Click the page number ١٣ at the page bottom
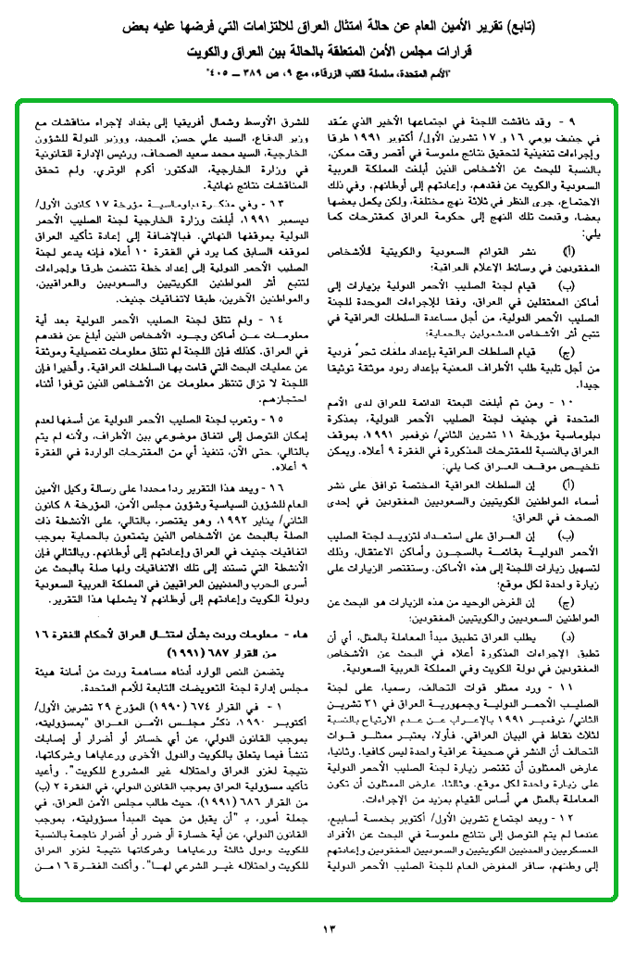click(318, 929)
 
